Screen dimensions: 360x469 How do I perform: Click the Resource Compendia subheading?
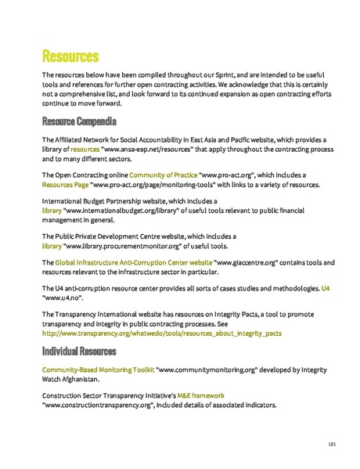click(x=79, y=122)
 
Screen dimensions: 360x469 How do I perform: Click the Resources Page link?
click(x=65, y=185)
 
